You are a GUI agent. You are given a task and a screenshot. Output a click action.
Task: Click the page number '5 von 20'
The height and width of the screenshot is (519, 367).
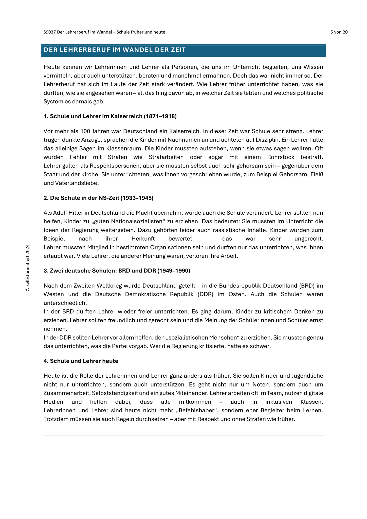point(339,32)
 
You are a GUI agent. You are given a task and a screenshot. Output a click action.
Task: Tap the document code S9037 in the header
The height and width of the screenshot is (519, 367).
point(50,32)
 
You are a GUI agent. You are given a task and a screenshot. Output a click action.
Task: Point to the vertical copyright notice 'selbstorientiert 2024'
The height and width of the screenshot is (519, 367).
point(28,268)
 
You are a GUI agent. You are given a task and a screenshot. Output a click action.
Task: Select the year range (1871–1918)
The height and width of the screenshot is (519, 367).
point(160,116)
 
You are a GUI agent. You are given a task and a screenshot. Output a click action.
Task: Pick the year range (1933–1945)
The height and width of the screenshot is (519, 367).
point(137,198)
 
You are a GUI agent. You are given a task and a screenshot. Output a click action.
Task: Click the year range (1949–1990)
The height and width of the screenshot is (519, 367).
point(174,271)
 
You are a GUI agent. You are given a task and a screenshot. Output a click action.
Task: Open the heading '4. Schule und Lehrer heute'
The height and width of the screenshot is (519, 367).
point(81,361)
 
